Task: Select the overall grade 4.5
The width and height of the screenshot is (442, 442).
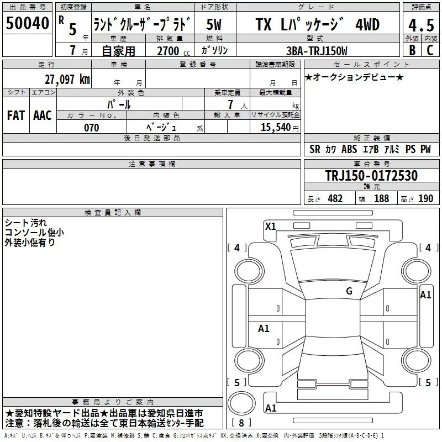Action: click(x=420, y=25)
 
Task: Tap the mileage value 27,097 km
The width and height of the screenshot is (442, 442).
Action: click(x=67, y=79)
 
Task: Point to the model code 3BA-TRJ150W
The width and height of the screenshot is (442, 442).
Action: click(x=318, y=51)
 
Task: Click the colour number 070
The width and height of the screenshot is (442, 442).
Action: click(x=91, y=128)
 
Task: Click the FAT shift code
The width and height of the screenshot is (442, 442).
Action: click(x=16, y=115)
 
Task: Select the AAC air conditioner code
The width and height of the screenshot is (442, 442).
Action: click(x=42, y=115)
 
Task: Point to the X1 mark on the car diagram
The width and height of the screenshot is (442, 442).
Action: click(x=270, y=226)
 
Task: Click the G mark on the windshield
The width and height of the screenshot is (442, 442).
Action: click(x=349, y=291)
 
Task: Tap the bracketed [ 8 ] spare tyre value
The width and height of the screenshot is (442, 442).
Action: click(x=241, y=423)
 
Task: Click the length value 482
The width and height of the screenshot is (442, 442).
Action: click(x=335, y=199)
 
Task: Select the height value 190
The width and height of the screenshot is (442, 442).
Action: click(x=425, y=199)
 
